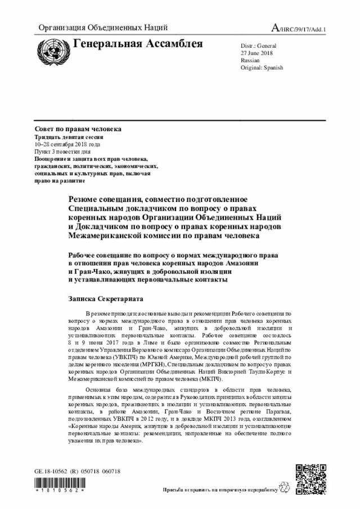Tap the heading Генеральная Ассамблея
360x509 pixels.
click(138, 43)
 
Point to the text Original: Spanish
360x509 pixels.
click(262, 67)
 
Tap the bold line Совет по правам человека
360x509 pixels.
click(78, 129)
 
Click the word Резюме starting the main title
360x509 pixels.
click(85, 200)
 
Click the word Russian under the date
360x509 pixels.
click(250, 60)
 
